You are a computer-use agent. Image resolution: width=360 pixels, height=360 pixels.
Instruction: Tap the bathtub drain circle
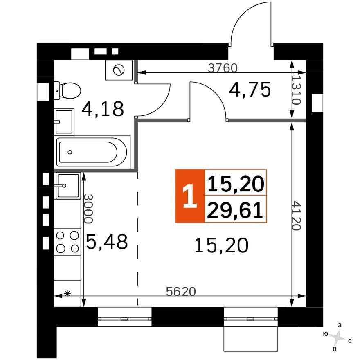(70, 152)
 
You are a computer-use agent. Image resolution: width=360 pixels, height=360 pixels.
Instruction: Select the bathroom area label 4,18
(103, 109)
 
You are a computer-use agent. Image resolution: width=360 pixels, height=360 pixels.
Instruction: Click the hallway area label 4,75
(250, 90)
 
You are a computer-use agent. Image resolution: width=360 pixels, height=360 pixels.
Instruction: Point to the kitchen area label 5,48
(107, 242)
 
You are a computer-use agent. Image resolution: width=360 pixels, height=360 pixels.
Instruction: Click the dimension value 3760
(223, 68)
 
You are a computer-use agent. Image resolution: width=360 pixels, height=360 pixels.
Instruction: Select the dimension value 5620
(181, 291)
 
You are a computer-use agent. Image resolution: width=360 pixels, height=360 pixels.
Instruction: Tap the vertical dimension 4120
(297, 216)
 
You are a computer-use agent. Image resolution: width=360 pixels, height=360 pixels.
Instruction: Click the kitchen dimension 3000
(88, 209)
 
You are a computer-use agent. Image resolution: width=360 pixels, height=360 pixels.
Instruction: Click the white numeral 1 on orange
(190, 196)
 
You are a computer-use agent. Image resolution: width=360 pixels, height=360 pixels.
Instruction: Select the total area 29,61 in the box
(235, 210)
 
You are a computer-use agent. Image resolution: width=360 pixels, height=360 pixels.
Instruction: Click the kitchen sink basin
(68, 185)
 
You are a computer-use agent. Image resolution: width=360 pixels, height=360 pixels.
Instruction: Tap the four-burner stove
(67, 242)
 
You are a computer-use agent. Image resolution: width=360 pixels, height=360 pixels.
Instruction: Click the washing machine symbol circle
(119, 70)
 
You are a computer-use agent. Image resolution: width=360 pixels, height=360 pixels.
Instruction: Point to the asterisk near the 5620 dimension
(67, 293)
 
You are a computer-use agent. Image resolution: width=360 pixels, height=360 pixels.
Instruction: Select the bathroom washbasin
(64, 121)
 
